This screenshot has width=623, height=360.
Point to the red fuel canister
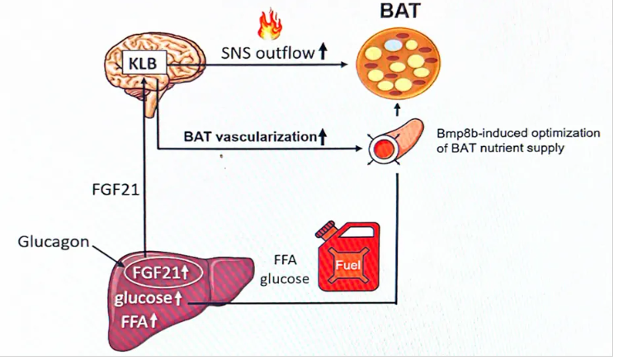[350, 262]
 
